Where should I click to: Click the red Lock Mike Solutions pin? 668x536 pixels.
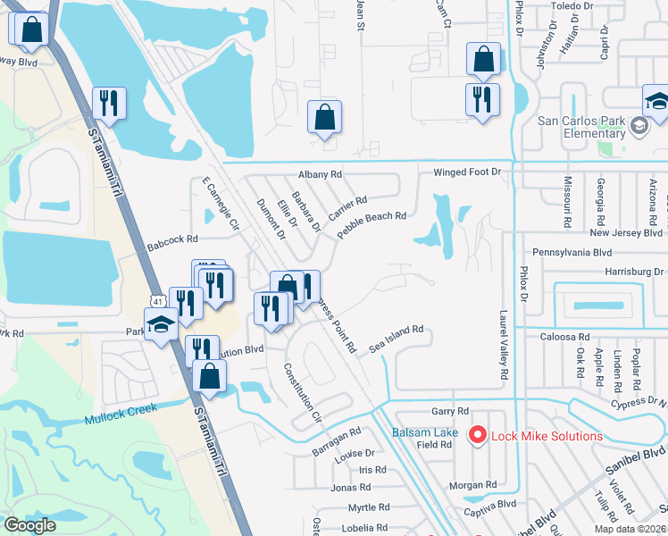pyautogui.click(x=477, y=435)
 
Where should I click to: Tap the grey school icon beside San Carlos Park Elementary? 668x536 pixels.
pyautogui.click(x=639, y=126)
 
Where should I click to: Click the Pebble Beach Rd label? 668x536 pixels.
pyautogui.click(x=372, y=226)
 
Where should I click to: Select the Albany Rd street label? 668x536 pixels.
pyautogui.click(x=321, y=175)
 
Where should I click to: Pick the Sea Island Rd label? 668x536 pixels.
pyautogui.click(x=397, y=339)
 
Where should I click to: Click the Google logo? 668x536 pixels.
pyautogui.click(x=29, y=525)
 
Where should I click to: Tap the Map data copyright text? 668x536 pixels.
pyautogui.click(x=628, y=529)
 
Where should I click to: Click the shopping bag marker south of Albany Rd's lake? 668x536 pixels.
pyautogui.click(x=324, y=118)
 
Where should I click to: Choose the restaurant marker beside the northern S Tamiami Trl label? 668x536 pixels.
pyautogui.click(x=109, y=103)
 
